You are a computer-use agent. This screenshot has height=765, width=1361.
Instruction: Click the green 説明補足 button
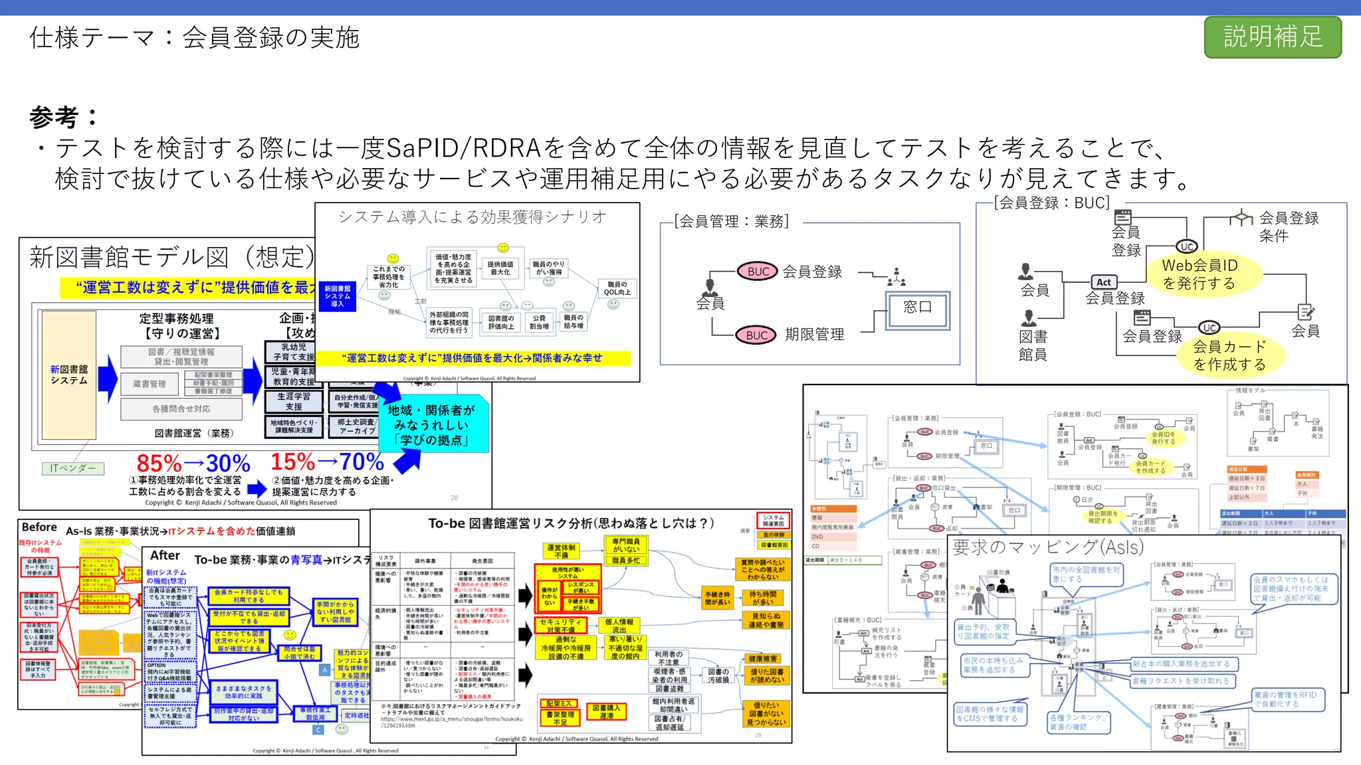1272,37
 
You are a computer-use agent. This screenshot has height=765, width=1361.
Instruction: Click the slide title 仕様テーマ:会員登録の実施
194,38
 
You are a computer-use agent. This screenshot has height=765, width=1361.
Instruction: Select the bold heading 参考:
63,118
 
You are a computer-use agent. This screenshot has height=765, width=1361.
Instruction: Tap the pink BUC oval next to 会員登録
758,271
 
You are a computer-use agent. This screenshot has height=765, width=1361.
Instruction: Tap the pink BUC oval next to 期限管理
756,335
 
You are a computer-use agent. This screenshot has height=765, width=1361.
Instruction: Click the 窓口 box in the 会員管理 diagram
917,307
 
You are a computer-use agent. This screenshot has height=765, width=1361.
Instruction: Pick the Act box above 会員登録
1104,282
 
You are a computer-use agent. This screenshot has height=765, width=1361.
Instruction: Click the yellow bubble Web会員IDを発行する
1199,274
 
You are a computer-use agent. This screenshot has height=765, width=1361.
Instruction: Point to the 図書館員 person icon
1029,317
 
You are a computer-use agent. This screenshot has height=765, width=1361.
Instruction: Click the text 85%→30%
193,463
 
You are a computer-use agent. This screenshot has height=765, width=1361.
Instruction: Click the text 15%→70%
327,462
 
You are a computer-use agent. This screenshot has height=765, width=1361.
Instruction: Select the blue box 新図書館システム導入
338,296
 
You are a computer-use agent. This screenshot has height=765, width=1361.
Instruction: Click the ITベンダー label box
73,468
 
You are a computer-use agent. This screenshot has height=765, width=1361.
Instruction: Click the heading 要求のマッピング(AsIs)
1048,547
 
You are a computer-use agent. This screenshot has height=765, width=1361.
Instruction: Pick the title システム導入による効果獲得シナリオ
472,216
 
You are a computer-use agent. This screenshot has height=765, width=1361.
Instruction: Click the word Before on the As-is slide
39,527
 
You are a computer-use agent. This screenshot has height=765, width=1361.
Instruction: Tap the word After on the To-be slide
165,556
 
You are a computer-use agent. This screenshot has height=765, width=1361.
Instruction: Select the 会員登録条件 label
1288,226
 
